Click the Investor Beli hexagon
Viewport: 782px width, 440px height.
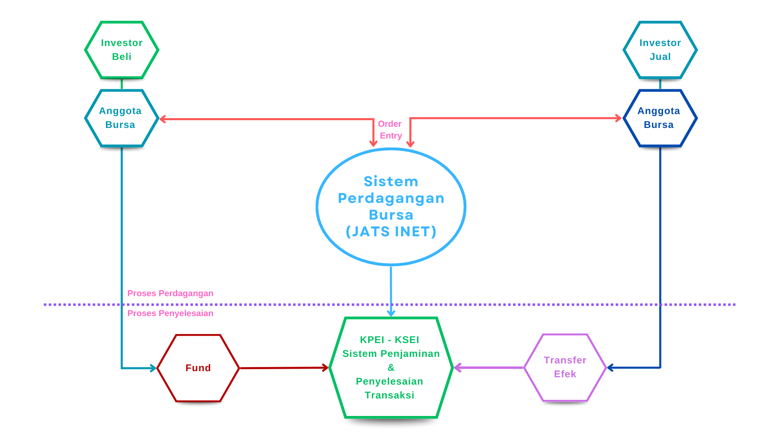(x=122, y=50)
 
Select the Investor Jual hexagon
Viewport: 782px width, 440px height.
(x=660, y=50)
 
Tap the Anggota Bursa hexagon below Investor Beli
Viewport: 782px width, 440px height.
(x=122, y=118)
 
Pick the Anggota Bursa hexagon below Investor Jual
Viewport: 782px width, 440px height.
(x=660, y=118)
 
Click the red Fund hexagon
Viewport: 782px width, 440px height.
(x=198, y=368)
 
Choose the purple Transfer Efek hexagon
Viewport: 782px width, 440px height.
(x=565, y=367)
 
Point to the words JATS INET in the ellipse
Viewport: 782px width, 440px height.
(x=391, y=231)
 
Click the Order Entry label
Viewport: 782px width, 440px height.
(x=390, y=130)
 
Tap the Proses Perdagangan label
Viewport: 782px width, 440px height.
(x=170, y=293)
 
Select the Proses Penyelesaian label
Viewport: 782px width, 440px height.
(x=170, y=313)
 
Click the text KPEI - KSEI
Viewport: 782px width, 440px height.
(x=389, y=340)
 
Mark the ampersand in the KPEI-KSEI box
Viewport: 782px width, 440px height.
(x=391, y=367)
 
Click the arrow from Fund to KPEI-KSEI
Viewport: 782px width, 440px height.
(x=284, y=368)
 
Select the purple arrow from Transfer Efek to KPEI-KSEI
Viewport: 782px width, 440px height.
(x=489, y=368)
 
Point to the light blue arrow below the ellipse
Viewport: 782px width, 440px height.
(x=391, y=291)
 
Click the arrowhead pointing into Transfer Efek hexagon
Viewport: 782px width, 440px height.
(x=611, y=368)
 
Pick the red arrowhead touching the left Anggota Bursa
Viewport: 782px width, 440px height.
(x=163, y=119)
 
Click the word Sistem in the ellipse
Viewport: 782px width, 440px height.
(x=391, y=181)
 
